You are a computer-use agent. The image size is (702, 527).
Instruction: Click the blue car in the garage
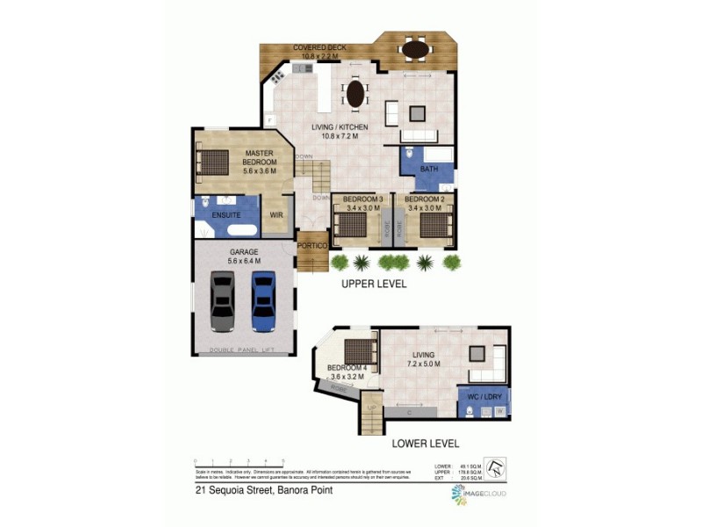[x=263, y=300]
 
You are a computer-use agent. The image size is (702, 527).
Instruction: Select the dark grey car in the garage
[x=223, y=300]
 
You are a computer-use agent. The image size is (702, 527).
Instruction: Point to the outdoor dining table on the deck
[x=416, y=50]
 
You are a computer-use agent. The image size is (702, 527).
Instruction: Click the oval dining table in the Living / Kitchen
[x=355, y=93]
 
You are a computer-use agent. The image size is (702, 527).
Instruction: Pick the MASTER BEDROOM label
[x=261, y=158]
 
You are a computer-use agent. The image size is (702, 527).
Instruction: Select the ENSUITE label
[x=226, y=215]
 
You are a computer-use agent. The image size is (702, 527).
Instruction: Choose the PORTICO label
[x=312, y=245]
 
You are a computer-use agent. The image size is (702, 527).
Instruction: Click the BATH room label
[x=429, y=169]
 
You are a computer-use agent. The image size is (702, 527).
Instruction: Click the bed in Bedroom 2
[x=435, y=227]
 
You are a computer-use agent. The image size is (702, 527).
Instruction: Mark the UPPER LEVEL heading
[x=375, y=285]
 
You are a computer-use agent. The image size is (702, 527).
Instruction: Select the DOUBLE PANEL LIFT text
[x=243, y=350]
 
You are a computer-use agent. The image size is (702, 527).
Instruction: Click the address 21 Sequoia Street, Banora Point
[x=263, y=492]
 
